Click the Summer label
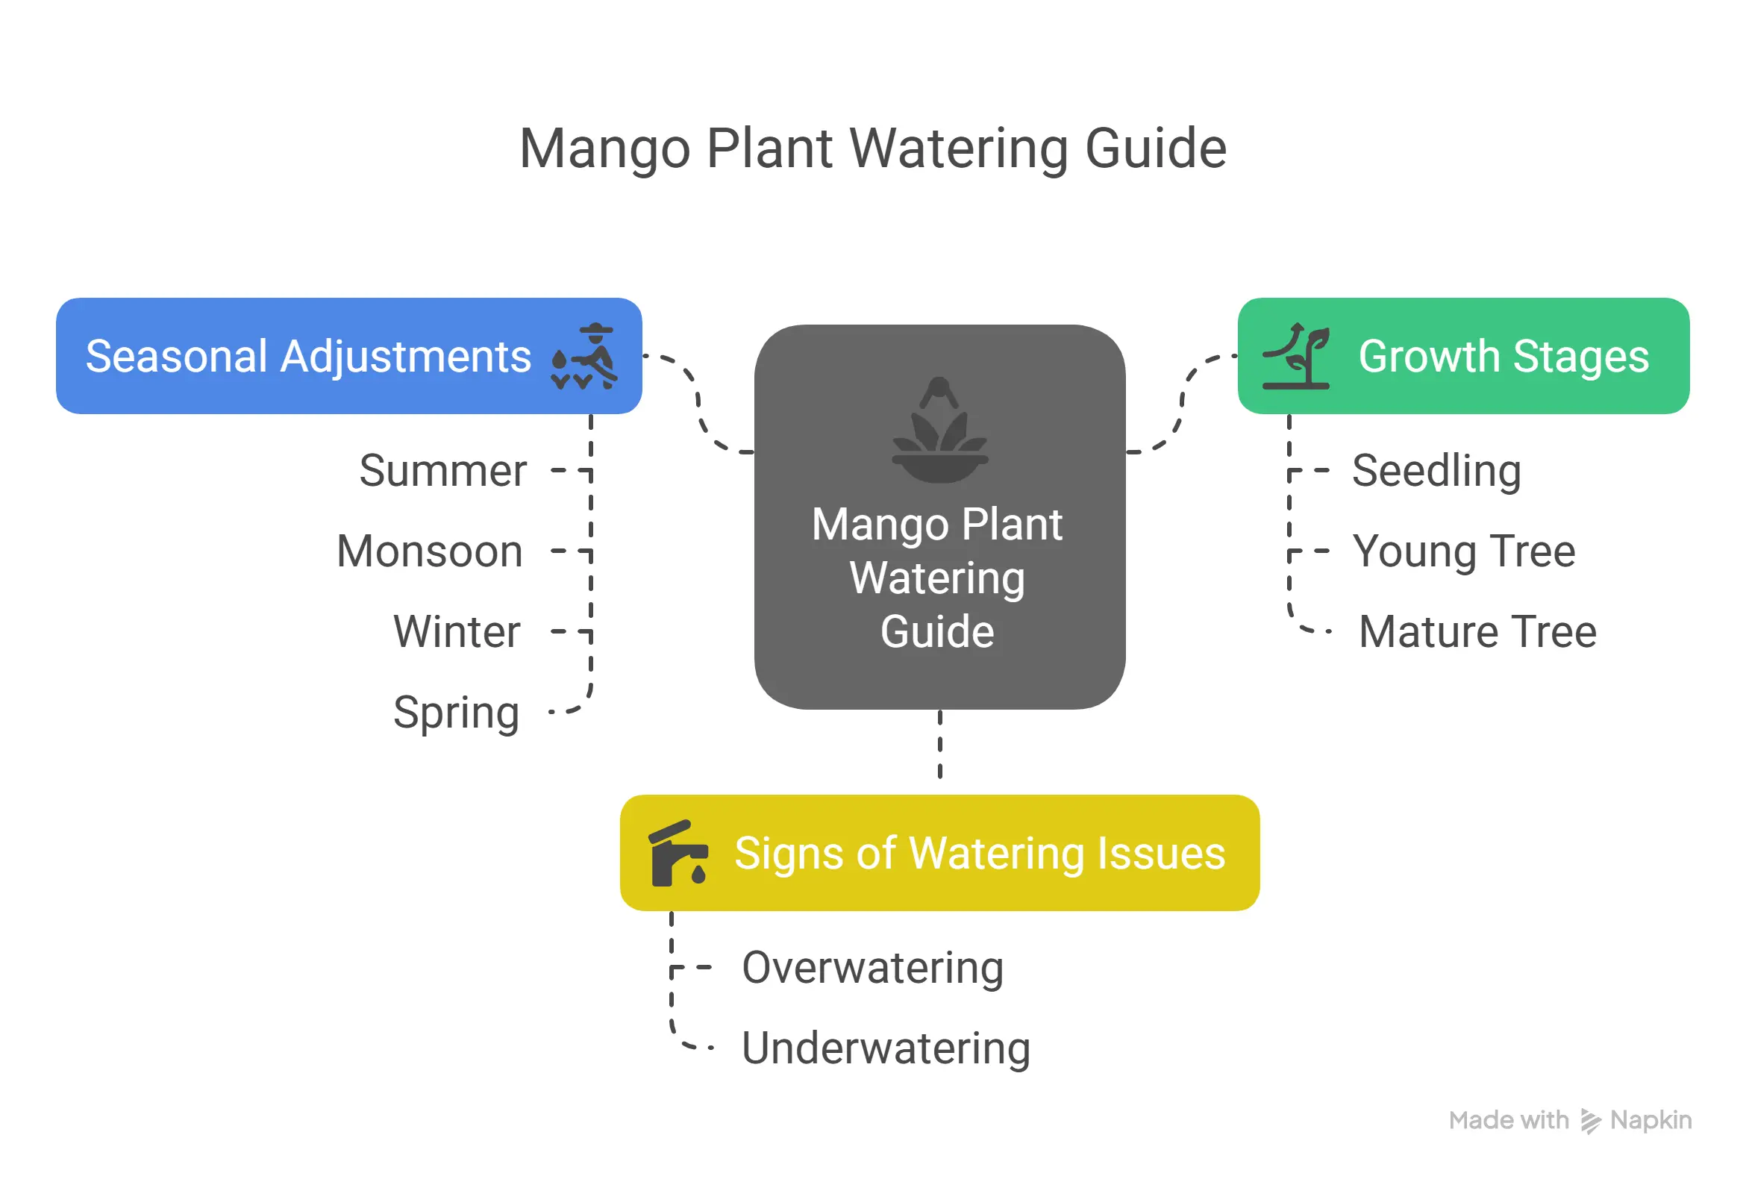[442, 471]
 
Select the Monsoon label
[429, 551]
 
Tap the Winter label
[456, 632]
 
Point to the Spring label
[456, 713]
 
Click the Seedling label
[1436, 471]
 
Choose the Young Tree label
[1462, 551]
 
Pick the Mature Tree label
[1477, 632]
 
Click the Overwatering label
[872, 968]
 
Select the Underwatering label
[885, 1048]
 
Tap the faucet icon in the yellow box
[677, 854]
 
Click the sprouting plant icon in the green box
[1297, 356]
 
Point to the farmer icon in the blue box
[585, 357]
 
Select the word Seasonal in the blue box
[176, 356]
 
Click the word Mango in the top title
[604, 148]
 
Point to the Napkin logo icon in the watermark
[1590, 1121]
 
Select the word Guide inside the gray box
[937, 632]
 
